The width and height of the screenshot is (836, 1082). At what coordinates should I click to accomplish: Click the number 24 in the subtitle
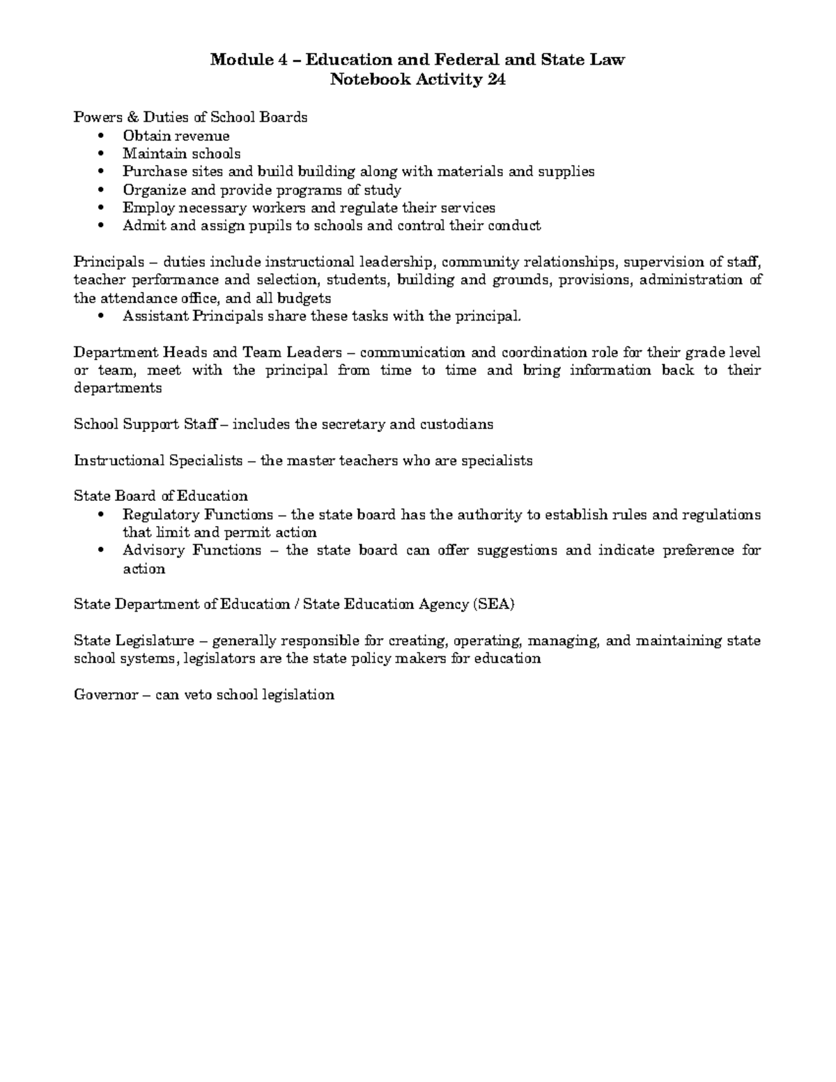pos(495,79)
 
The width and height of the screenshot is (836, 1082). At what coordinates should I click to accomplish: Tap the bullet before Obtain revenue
pos(102,136)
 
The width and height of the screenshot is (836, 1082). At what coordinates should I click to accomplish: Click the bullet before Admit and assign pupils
pos(102,226)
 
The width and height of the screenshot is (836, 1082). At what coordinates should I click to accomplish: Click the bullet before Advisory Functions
pos(102,551)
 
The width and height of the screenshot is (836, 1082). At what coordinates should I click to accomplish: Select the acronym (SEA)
pos(493,604)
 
